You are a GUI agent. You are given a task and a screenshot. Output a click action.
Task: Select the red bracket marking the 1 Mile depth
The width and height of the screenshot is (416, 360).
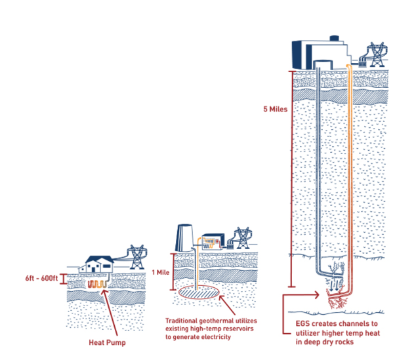click(173, 272)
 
